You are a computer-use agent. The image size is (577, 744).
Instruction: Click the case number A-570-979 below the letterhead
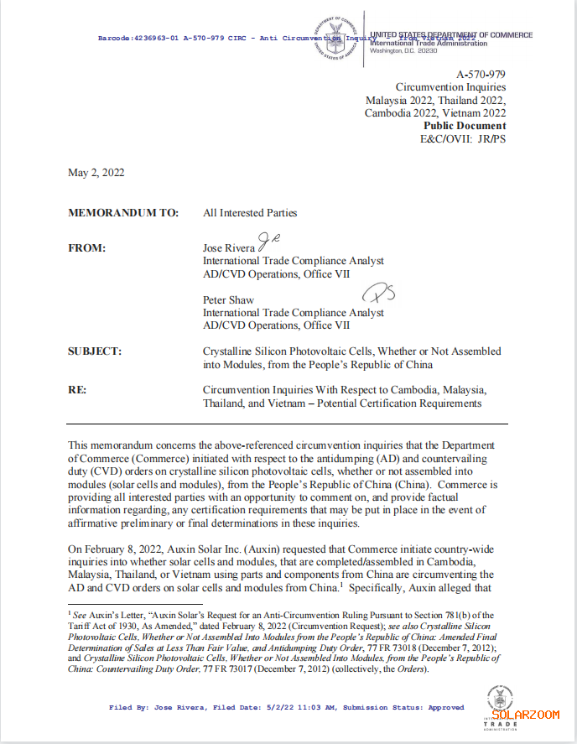coord(481,75)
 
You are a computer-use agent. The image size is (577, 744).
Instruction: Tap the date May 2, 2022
coord(96,172)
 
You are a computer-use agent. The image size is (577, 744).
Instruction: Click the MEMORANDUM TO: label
coord(123,213)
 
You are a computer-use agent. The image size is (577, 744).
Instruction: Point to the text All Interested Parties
coord(250,213)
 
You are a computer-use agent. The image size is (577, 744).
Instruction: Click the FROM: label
coord(87,249)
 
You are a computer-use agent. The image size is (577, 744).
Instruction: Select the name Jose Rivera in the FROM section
coord(229,249)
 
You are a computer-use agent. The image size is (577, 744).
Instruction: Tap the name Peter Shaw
coord(229,299)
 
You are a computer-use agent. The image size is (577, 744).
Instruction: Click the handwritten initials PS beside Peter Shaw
coord(377,294)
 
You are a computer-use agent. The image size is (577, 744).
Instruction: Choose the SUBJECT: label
coord(95,351)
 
